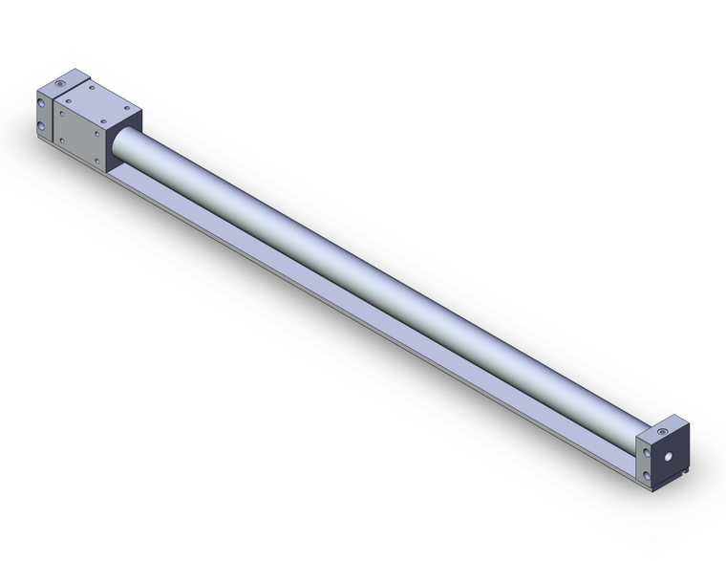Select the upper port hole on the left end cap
(x=42, y=102)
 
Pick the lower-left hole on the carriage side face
(x=63, y=140)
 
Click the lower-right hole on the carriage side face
(x=97, y=161)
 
